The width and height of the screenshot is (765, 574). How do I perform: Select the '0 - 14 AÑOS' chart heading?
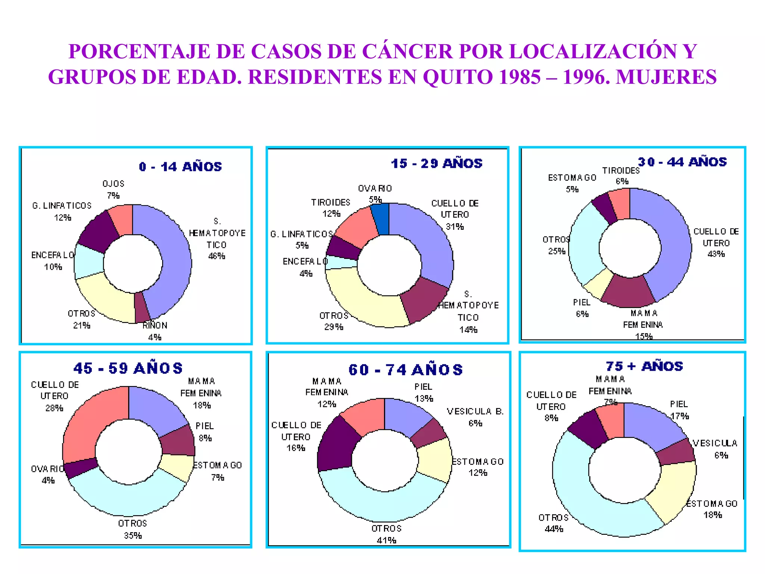point(180,167)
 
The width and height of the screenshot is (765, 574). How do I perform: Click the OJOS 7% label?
point(113,189)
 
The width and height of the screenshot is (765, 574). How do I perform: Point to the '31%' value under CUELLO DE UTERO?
point(455,226)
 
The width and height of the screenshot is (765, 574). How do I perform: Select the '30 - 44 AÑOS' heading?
point(682,162)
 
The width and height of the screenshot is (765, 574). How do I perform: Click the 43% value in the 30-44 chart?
point(716,254)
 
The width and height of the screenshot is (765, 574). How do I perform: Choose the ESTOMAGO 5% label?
point(572,183)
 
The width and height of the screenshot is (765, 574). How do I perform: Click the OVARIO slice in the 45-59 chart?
point(80,467)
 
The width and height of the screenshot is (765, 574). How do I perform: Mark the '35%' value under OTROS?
point(133,536)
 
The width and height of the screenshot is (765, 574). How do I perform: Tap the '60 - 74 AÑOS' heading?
point(405,370)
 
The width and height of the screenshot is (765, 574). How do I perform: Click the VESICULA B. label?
point(475,411)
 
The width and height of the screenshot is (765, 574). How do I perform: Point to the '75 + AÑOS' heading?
point(644,366)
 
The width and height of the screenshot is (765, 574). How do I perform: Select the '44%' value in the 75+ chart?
point(554,529)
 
